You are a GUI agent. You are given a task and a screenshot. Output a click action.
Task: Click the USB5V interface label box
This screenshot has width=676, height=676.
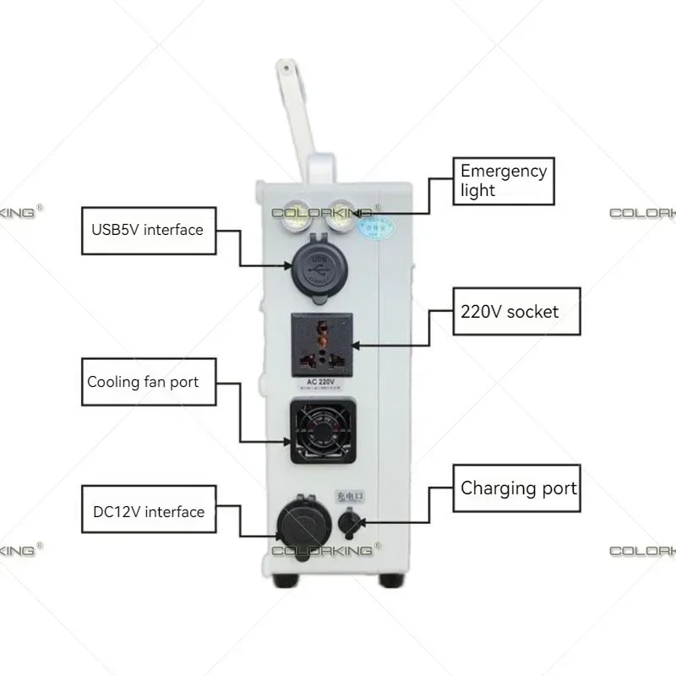point(147,230)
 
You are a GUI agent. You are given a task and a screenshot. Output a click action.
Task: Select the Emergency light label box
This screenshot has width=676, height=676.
point(504,181)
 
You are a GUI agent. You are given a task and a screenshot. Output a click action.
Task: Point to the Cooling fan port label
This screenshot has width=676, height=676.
point(143,382)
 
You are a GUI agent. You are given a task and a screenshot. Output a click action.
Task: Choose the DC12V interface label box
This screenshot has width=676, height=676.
point(148,511)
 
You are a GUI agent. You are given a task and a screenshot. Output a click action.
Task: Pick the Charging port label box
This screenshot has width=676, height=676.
point(517,488)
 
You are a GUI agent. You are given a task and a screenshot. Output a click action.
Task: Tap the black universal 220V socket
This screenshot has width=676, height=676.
point(320,344)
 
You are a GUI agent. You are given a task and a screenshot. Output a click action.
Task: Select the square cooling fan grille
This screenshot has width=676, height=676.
point(321,431)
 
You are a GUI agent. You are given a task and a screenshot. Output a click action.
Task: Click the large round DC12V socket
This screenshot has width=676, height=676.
point(300,525)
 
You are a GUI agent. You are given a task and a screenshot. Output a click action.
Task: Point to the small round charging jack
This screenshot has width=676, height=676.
point(348,525)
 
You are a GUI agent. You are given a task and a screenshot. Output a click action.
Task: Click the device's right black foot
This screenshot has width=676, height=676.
point(390,581)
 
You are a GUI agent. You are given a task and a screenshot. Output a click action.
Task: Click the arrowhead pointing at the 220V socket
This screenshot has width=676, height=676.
point(358,344)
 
